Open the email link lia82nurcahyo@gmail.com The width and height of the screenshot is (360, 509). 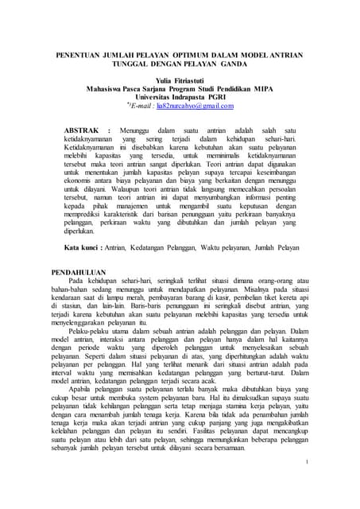(199, 105)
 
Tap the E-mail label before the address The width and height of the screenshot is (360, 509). (144, 105)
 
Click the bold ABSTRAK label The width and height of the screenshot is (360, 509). (83, 128)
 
